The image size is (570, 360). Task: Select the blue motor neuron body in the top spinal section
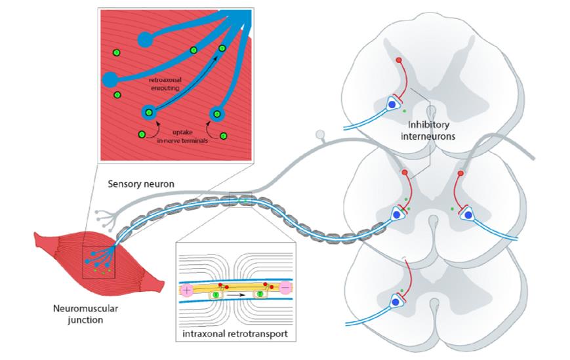click(392, 104)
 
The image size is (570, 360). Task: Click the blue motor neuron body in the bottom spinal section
click(395, 302)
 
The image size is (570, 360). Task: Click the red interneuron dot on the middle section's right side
click(460, 174)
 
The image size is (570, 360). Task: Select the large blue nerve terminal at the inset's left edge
click(110, 80)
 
